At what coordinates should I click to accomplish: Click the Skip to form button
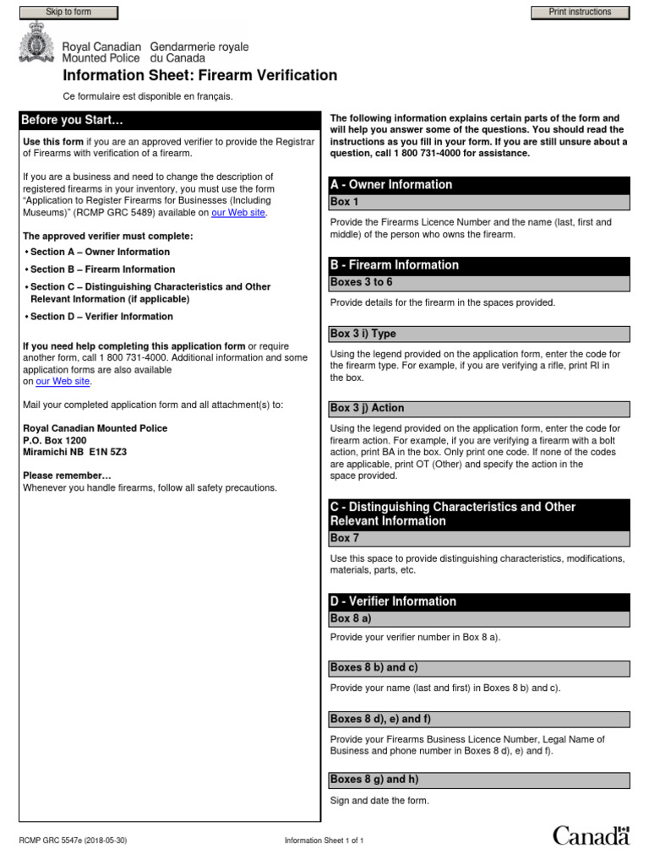[68, 13]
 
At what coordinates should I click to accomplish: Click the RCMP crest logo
[36, 44]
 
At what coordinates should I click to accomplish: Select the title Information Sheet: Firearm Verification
[200, 76]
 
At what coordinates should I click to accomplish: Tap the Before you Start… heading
[72, 120]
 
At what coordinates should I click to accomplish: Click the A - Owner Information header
[391, 185]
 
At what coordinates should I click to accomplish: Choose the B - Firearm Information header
[394, 265]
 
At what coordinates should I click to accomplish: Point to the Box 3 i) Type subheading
[363, 334]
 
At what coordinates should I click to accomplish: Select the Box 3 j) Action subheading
[367, 408]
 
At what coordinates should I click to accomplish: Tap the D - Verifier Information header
[393, 601]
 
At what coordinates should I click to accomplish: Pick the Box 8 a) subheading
[351, 618]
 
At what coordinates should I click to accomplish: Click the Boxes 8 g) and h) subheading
[374, 779]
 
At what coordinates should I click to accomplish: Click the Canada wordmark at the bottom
[591, 835]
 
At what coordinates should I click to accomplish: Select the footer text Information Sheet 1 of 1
[324, 841]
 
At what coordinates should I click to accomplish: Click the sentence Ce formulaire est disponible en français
[148, 96]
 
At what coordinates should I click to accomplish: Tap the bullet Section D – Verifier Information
[101, 317]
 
